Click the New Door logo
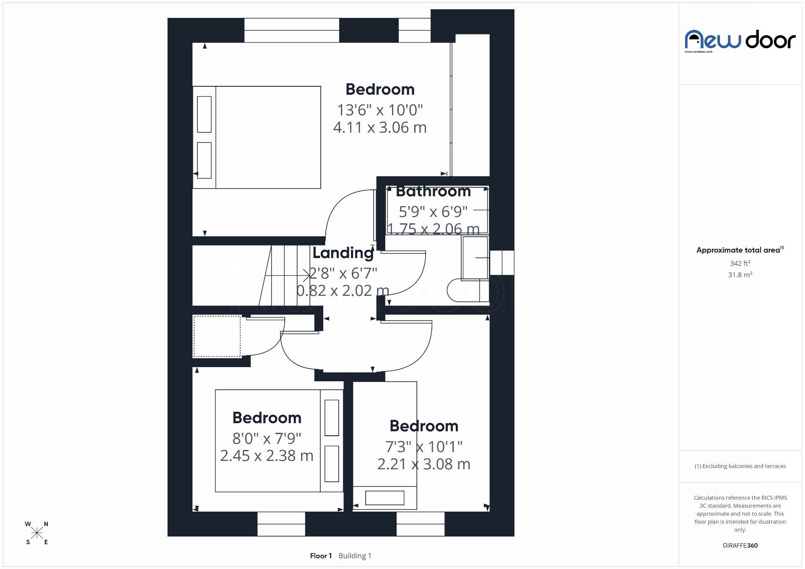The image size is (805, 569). [740, 41]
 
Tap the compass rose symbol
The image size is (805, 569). [37, 533]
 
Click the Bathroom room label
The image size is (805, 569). [433, 191]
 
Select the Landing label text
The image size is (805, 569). [343, 253]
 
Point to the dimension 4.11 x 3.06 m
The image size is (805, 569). [380, 127]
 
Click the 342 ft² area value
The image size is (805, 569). [740, 264]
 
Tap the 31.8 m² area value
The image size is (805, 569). [740, 275]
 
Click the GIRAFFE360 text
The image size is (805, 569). [740, 546]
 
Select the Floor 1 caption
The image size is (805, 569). [321, 556]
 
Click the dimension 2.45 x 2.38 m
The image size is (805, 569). [267, 456]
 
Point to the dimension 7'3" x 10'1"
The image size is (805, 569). [423, 447]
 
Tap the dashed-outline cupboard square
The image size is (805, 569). [217, 336]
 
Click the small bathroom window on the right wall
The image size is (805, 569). [501, 262]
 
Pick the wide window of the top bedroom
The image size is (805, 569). [291, 30]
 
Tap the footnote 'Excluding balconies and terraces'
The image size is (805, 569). [740, 466]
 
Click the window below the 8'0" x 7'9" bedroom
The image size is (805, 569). [281, 524]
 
